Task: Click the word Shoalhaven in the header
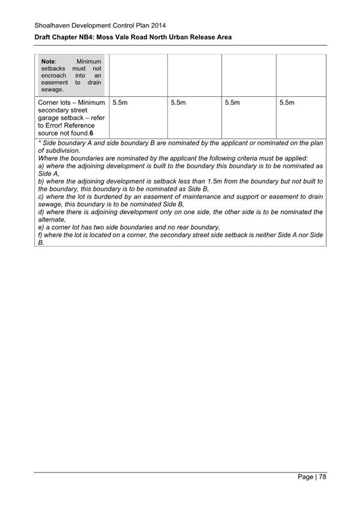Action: tap(52, 26)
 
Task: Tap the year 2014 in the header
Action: tap(157, 26)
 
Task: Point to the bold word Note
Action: tap(48, 61)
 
